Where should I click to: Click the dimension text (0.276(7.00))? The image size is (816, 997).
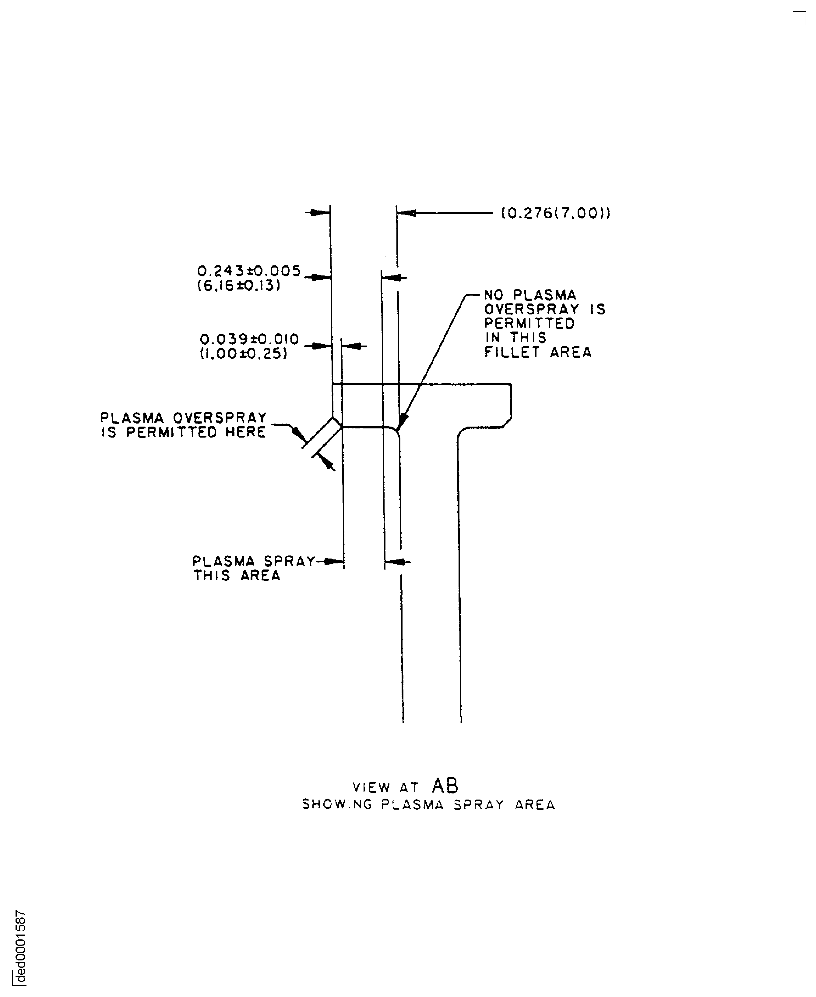(x=556, y=214)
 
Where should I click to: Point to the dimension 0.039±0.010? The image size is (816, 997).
(x=249, y=339)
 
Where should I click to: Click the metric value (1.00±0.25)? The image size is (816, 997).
(x=244, y=354)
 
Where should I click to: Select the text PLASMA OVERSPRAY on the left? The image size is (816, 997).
(x=183, y=418)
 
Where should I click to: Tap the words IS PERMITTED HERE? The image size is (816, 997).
(x=183, y=432)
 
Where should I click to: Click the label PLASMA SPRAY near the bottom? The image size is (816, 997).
(x=254, y=561)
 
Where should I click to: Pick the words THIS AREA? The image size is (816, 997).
(x=237, y=576)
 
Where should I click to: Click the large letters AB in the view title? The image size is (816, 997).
(x=445, y=785)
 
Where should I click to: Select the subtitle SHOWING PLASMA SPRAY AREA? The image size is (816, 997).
(x=428, y=805)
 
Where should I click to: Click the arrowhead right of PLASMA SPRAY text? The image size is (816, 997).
(x=335, y=562)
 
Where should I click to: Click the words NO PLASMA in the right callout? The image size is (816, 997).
(x=530, y=295)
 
